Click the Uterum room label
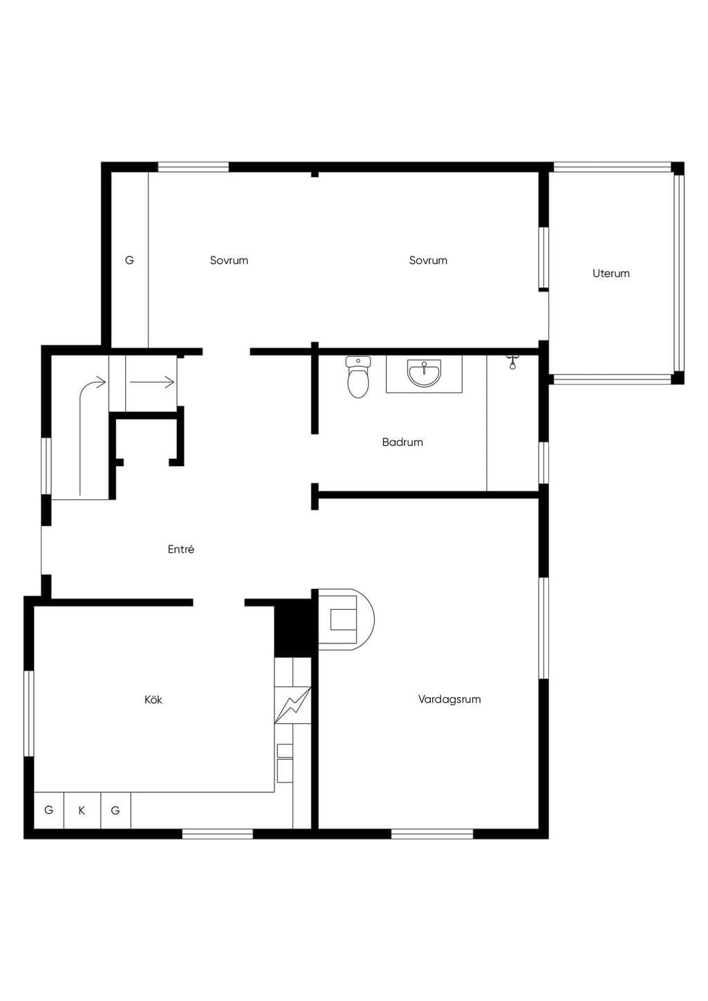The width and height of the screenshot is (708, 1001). coord(611,273)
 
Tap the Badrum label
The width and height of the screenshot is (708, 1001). coord(402,442)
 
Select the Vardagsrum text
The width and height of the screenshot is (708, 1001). coord(449,699)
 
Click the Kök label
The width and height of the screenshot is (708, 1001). coord(153,700)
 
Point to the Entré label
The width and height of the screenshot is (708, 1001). coord(180,549)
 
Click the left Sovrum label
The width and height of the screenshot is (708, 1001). coord(229,260)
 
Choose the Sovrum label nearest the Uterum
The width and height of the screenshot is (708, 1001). coord(428,260)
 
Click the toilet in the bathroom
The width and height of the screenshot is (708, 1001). coord(358,377)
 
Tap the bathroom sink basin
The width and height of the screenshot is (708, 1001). coord(424,373)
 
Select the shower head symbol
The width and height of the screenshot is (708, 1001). coord(512,362)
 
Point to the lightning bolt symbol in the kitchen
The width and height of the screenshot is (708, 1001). coord(292,705)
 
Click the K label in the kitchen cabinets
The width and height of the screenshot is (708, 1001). coord(82,810)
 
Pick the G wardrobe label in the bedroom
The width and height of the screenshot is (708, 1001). coord(129,260)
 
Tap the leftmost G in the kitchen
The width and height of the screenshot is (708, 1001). coord(48,810)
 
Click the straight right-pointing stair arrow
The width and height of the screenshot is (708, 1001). coord(151,382)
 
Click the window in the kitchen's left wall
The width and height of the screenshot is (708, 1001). coord(28,713)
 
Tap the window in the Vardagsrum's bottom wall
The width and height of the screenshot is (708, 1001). coord(431,834)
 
